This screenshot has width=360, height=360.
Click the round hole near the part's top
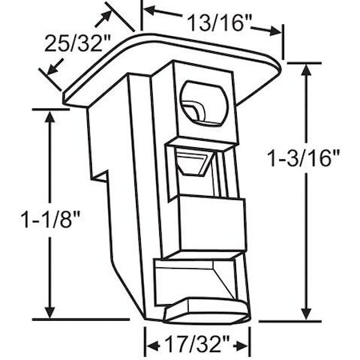coord(206,102)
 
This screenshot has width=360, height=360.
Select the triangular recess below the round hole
coord(194,164)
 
